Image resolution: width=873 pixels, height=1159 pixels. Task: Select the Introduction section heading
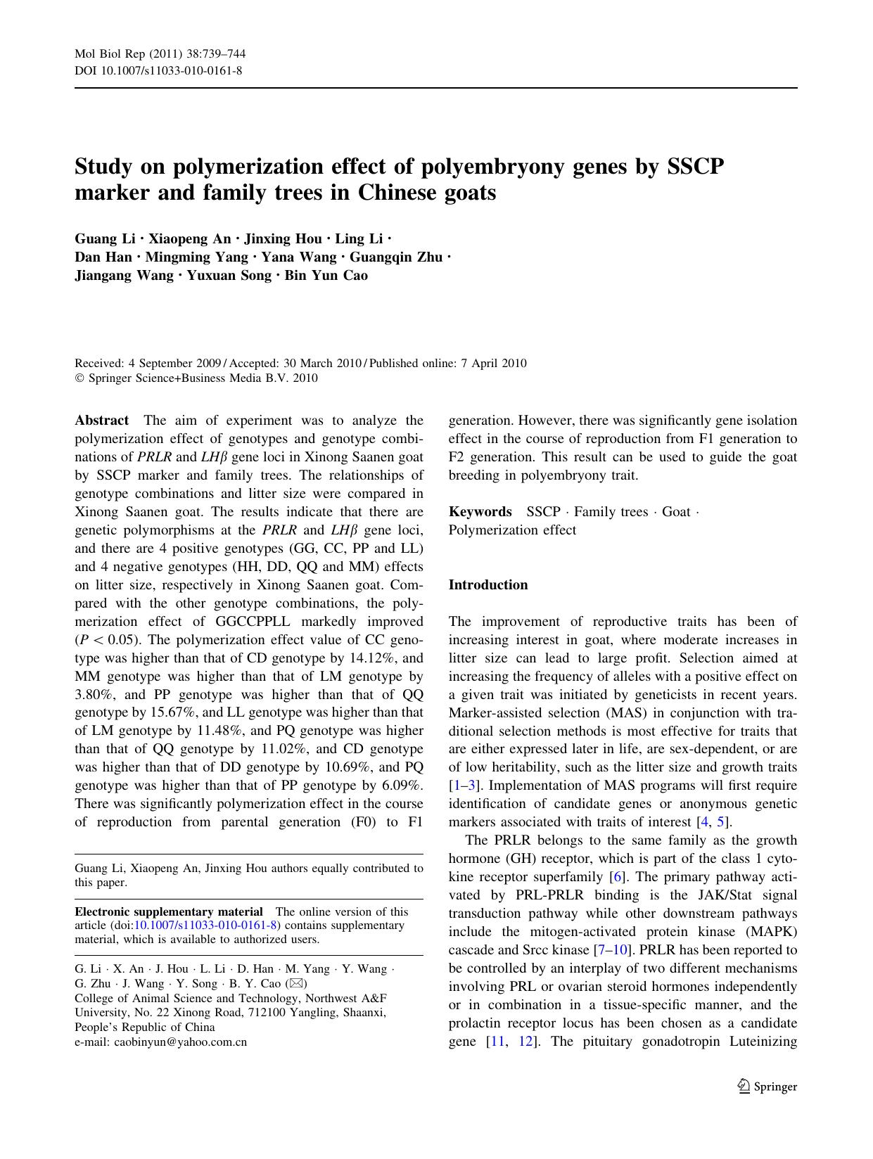(x=488, y=585)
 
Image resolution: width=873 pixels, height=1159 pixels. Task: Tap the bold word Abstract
(x=102, y=421)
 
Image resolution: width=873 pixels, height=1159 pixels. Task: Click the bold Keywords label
(x=480, y=512)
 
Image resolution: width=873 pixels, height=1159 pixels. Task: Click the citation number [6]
(x=616, y=877)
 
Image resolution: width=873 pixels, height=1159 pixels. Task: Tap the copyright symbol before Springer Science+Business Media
(x=79, y=378)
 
